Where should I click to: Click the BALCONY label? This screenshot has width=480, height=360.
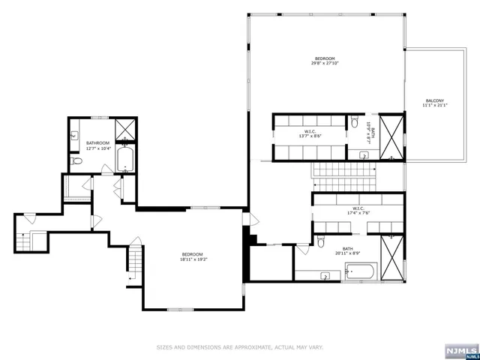pyautogui.click(x=434, y=100)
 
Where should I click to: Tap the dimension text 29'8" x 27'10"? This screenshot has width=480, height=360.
pyautogui.click(x=324, y=64)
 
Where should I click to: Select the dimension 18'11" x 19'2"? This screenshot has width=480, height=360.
pyautogui.click(x=193, y=260)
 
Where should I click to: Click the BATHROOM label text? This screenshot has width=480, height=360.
pyautogui.click(x=97, y=143)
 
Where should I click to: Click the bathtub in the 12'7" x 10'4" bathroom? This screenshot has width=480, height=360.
pyautogui.click(x=125, y=160)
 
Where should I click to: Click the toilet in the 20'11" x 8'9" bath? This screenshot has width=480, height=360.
pyautogui.click(x=321, y=241)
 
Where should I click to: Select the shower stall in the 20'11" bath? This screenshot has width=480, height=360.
pyautogui.click(x=391, y=247)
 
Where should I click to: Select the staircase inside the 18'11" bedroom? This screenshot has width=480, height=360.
pyautogui.click(x=135, y=262)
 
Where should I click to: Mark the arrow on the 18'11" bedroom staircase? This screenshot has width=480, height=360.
pyautogui.click(x=130, y=277)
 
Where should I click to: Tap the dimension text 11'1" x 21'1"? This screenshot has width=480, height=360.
pyautogui.click(x=434, y=106)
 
